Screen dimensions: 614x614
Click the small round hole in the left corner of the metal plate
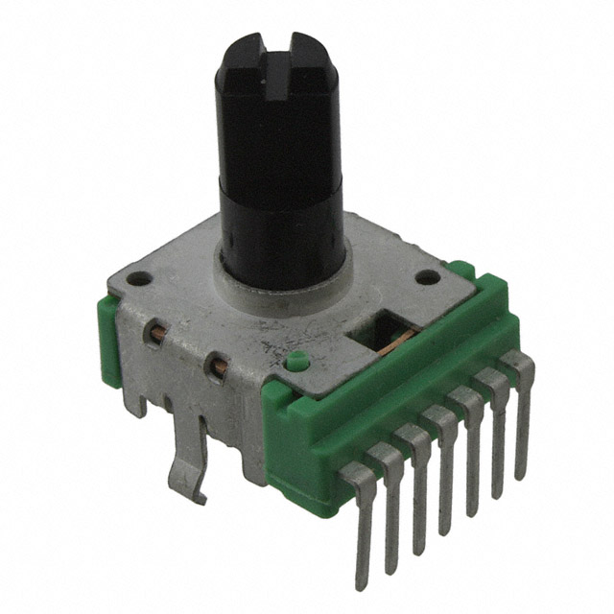(142, 281)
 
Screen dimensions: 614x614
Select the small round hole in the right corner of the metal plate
(429, 279)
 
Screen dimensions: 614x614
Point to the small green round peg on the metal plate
(295, 363)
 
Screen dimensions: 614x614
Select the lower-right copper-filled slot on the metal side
(218, 366)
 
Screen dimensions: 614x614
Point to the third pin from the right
(470, 446)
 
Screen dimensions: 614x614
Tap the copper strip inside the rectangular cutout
(389, 338)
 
